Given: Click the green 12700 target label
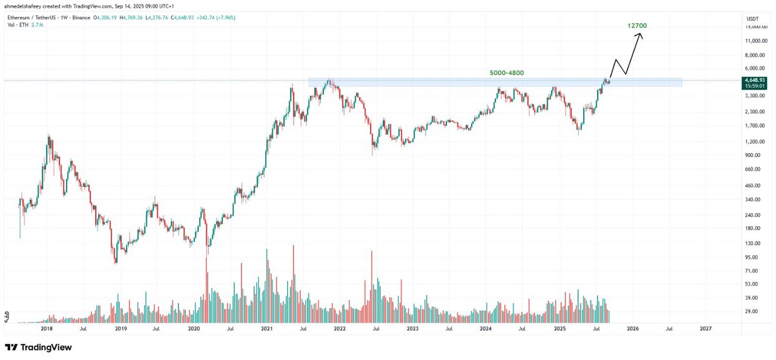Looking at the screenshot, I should (637, 25).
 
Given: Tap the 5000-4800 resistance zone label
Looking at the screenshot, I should (508, 73).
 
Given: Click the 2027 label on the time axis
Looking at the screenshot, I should (706, 328).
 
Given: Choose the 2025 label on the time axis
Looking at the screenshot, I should (559, 328).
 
